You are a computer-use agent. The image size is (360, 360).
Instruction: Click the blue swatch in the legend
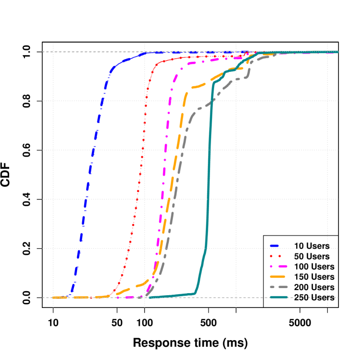click(x=279, y=246)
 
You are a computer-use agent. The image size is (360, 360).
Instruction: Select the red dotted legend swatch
click(x=279, y=256)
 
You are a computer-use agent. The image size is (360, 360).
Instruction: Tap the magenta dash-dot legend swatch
click(x=279, y=266)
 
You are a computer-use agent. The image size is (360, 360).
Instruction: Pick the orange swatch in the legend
click(x=279, y=276)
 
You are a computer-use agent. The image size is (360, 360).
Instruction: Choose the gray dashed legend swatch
click(x=279, y=287)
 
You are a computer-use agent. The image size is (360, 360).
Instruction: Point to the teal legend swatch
click(x=279, y=297)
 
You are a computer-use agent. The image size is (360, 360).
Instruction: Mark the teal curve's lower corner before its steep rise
click(x=195, y=293)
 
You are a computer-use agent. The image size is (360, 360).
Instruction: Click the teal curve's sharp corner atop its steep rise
click(x=213, y=84)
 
